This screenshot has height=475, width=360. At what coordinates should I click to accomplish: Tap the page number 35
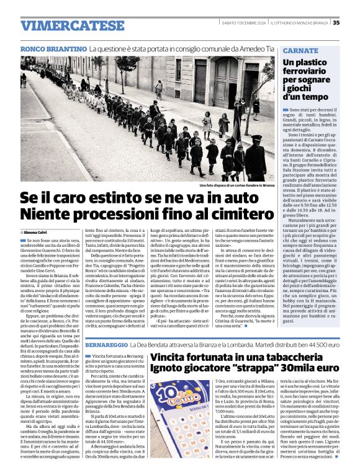pyautogui.click(x=336, y=23)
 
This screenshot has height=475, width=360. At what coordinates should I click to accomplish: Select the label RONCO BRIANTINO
pyautogui.click(x=53, y=48)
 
